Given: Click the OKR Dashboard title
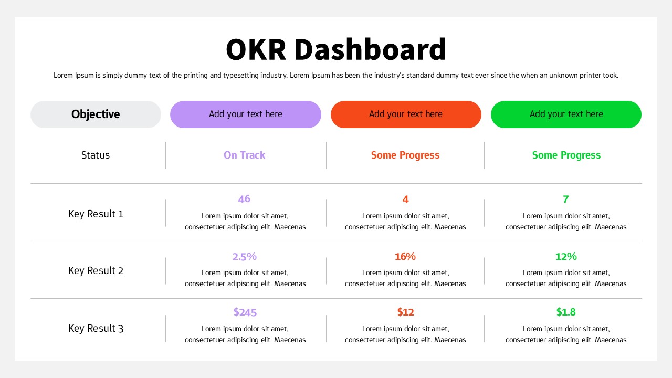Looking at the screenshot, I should [x=336, y=49].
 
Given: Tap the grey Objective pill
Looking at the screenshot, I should [x=96, y=114].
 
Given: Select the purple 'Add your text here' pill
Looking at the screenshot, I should [x=245, y=114].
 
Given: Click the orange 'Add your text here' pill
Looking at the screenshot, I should [x=406, y=114].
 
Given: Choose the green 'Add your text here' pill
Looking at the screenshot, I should [x=566, y=114].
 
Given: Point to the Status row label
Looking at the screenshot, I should [x=96, y=155].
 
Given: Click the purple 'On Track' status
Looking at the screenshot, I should [x=244, y=155].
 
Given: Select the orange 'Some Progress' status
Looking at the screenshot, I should [x=405, y=155].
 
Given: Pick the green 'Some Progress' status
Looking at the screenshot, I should [x=566, y=155].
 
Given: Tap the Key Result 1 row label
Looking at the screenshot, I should [x=96, y=214].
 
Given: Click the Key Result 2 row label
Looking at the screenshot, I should [x=96, y=270].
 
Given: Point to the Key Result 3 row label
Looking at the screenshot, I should [x=96, y=328].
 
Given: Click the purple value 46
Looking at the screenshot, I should [x=244, y=199].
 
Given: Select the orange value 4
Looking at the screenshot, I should [x=405, y=199].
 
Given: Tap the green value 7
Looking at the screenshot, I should [x=566, y=199].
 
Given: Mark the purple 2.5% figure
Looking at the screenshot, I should [x=245, y=257].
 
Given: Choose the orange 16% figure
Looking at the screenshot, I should [x=405, y=257].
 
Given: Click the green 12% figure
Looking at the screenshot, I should [x=566, y=257].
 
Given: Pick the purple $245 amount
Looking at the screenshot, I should [x=245, y=312].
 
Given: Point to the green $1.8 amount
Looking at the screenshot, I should [x=566, y=312].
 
